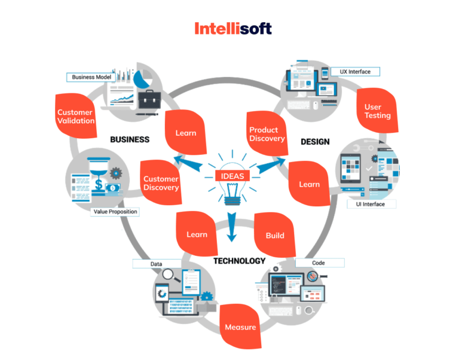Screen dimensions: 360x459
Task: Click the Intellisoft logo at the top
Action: point(233,28)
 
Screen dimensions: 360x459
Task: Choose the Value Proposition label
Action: point(115,212)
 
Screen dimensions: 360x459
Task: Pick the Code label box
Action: point(319,263)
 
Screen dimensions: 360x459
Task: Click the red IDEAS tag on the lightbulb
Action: point(231,176)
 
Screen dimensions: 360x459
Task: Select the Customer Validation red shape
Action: point(76,116)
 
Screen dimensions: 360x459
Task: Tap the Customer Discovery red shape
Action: point(161,183)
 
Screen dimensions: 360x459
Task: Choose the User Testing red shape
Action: point(378,111)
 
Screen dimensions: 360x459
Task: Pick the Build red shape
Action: point(275,235)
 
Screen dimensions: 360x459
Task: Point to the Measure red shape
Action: point(240,327)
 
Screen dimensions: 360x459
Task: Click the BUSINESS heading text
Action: point(130,139)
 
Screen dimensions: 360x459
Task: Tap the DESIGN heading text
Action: point(316,141)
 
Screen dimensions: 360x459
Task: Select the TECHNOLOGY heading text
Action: point(239,261)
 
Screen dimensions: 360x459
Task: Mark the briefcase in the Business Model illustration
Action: point(146,98)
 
